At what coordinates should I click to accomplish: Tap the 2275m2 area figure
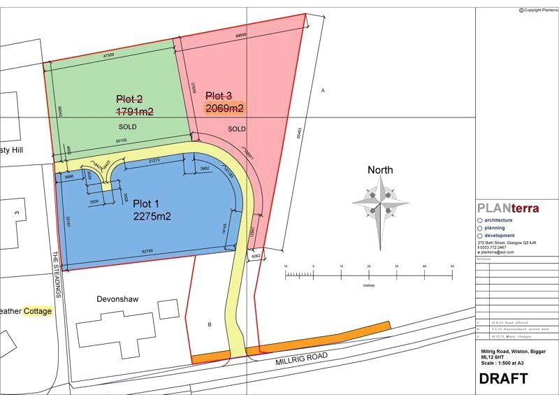pos(152,217)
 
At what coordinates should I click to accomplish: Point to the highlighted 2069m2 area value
pos(224,108)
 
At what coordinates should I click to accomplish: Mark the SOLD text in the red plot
pos(238,129)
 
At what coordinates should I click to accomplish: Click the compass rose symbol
pos(381,203)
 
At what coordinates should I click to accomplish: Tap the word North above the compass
pos(380,170)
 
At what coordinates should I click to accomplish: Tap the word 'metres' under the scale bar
pos(369,286)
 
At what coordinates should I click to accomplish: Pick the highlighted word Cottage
pos(38,311)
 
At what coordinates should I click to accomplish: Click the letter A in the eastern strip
pos(323,91)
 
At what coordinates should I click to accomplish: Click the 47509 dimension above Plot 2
pos(108,55)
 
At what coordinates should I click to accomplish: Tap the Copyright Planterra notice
pos(538,9)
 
